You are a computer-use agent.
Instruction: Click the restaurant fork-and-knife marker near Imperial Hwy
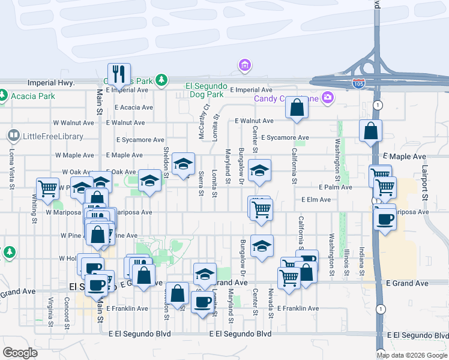tap(119, 74)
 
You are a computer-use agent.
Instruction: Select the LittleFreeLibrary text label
tap(53, 136)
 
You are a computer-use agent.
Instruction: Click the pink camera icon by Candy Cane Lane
tap(328, 97)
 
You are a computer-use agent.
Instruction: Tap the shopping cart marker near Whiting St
tap(47, 188)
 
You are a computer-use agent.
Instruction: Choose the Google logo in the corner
tap(20, 352)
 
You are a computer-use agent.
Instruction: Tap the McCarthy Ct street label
tap(205, 122)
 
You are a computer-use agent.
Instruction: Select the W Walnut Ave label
tap(74, 122)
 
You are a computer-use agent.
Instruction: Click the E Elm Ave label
tap(316, 200)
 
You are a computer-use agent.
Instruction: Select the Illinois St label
tap(347, 263)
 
